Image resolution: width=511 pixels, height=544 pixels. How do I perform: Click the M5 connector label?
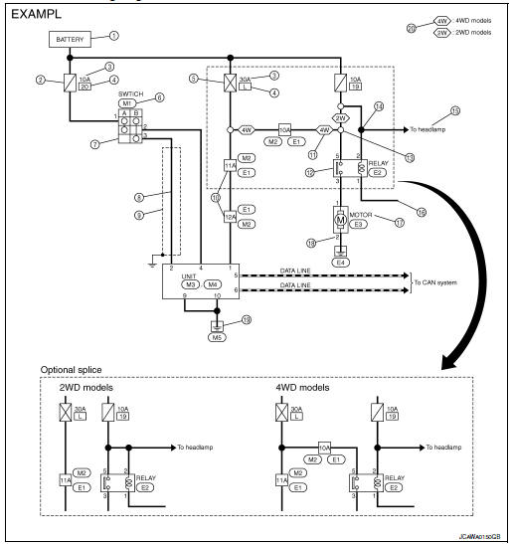coord(217,335)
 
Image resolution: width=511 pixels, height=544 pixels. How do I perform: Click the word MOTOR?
coord(362,212)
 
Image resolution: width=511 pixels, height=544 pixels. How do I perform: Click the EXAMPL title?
coord(38,17)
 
